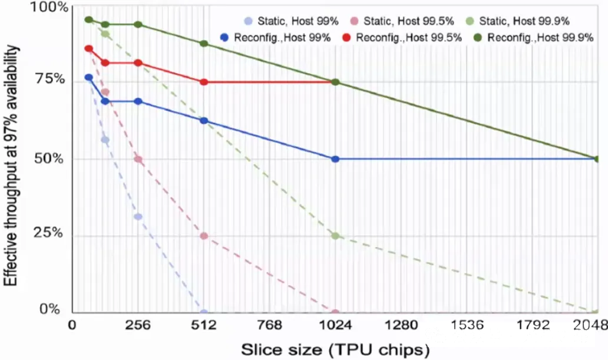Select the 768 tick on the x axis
coord(270,325)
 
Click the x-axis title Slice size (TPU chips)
coord(335,349)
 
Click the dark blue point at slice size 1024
coord(335,159)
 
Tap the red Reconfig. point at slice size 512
coord(204,82)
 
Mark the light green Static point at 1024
coord(335,236)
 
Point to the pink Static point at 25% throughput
coord(204,236)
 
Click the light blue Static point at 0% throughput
coord(204,313)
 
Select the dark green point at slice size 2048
coord(597,159)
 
